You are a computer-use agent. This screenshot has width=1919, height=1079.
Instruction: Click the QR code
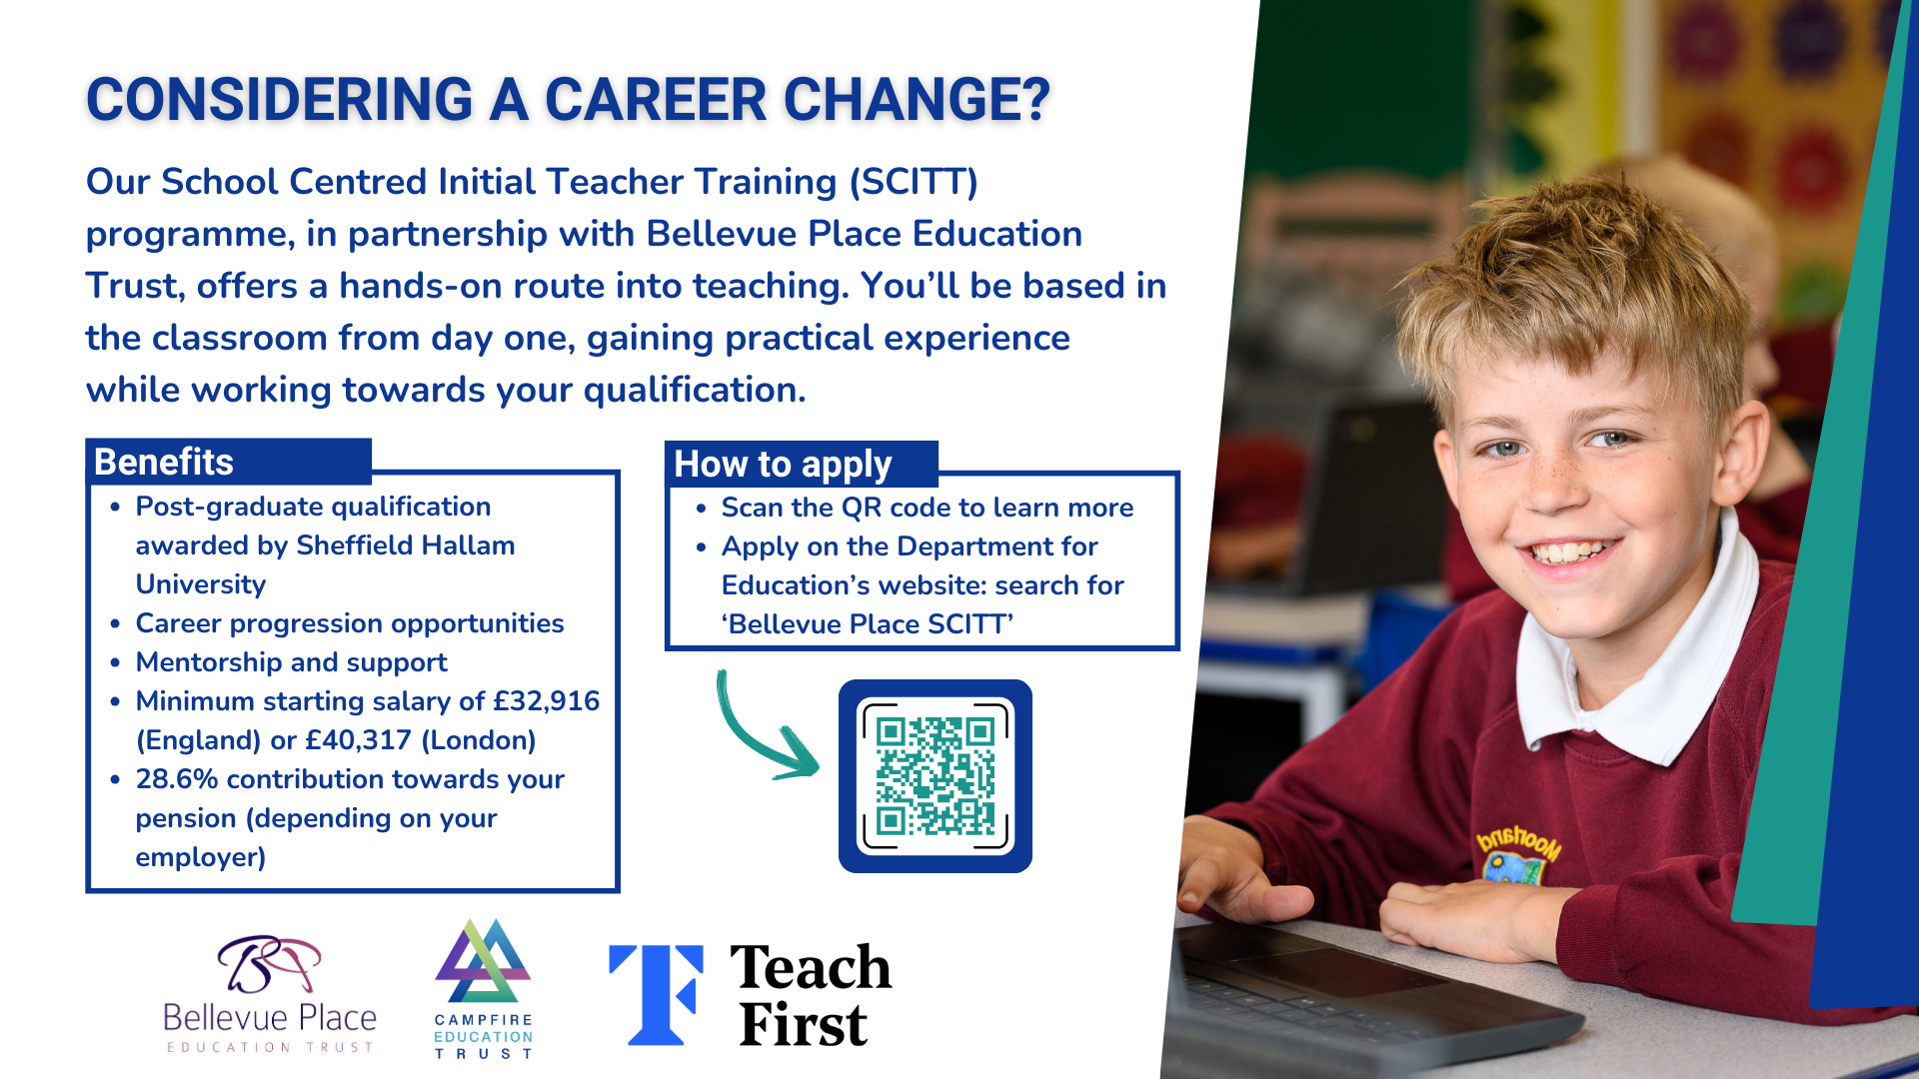click(936, 776)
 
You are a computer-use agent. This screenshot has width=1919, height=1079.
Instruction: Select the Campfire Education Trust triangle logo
click(483, 961)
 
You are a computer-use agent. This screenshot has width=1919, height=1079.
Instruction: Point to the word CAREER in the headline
click(656, 100)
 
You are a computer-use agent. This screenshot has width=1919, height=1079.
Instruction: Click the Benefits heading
click(164, 463)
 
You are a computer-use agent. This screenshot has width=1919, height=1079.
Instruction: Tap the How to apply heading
click(783, 466)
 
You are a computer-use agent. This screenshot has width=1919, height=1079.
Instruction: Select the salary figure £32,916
click(547, 701)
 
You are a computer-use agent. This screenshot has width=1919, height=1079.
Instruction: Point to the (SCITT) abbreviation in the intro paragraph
click(914, 182)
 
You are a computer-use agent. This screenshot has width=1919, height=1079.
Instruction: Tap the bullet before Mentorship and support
click(116, 662)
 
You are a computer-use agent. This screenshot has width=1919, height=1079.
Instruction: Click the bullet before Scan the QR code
click(702, 509)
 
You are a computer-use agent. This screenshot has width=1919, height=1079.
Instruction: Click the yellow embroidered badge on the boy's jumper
click(1519, 853)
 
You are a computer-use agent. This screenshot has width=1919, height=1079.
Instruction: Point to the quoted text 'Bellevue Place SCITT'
click(868, 624)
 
